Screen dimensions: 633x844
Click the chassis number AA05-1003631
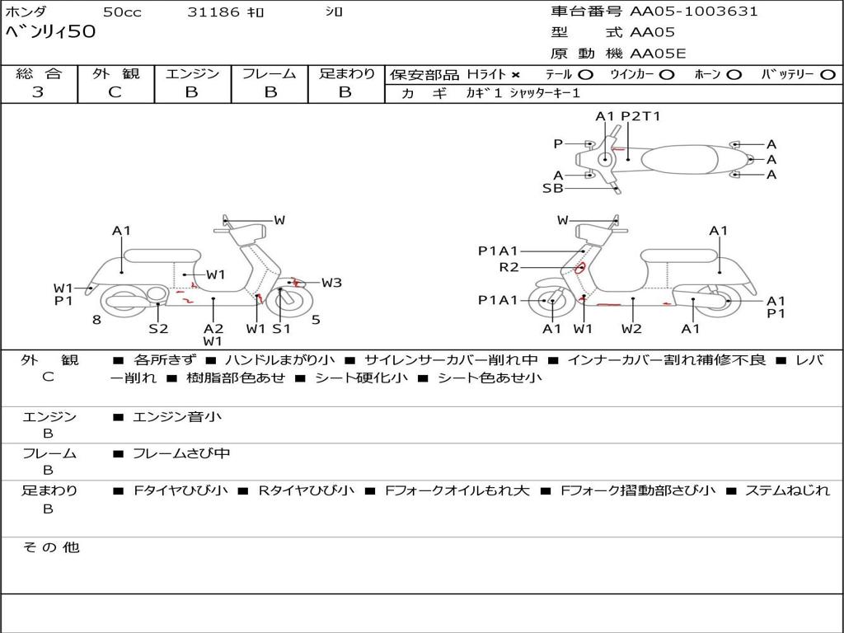pyautogui.click(x=694, y=12)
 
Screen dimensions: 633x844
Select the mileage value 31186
pyautogui.click(x=213, y=12)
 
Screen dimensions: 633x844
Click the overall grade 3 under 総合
pyautogui.click(x=38, y=92)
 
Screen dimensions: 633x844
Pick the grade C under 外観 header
pyautogui.click(x=115, y=92)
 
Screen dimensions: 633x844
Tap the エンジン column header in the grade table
pyautogui.click(x=192, y=73)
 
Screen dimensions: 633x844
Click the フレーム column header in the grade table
pyautogui.click(x=269, y=73)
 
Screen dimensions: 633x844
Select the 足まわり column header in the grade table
pyautogui.click(x=347, y=73)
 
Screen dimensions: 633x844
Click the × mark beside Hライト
pyautogui.click(x=516, y=75)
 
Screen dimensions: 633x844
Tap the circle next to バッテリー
pyautogui.click(x=828, y=75)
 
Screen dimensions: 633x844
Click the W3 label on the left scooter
pyautogui.click(x=331, y=283)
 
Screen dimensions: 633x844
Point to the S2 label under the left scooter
pyautogui.click(x=158, y=329)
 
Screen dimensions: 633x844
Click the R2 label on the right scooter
pyautogui.click(x=509, y=267)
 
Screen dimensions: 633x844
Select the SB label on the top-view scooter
pyautogui.click(x=552, y=188)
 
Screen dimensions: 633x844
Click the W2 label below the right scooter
pyautogui.click(x=631, y=329)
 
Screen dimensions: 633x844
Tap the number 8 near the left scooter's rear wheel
pyautogui.click(x=96, y=320)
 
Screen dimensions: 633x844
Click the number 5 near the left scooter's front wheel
pyautogui.click(x=316, y=320)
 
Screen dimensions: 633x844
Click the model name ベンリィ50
pyautogui.click(x=50, y=32)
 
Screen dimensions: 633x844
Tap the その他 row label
pyautogui.click(x=50, y=547)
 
